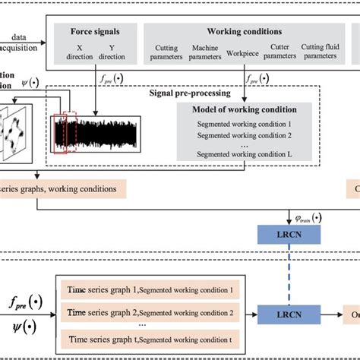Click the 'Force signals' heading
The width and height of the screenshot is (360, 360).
(x=95, y=33)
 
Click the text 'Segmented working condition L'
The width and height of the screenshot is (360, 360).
(x=245, y=153)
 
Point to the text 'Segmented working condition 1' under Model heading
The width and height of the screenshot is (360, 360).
(x=245, y=125)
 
